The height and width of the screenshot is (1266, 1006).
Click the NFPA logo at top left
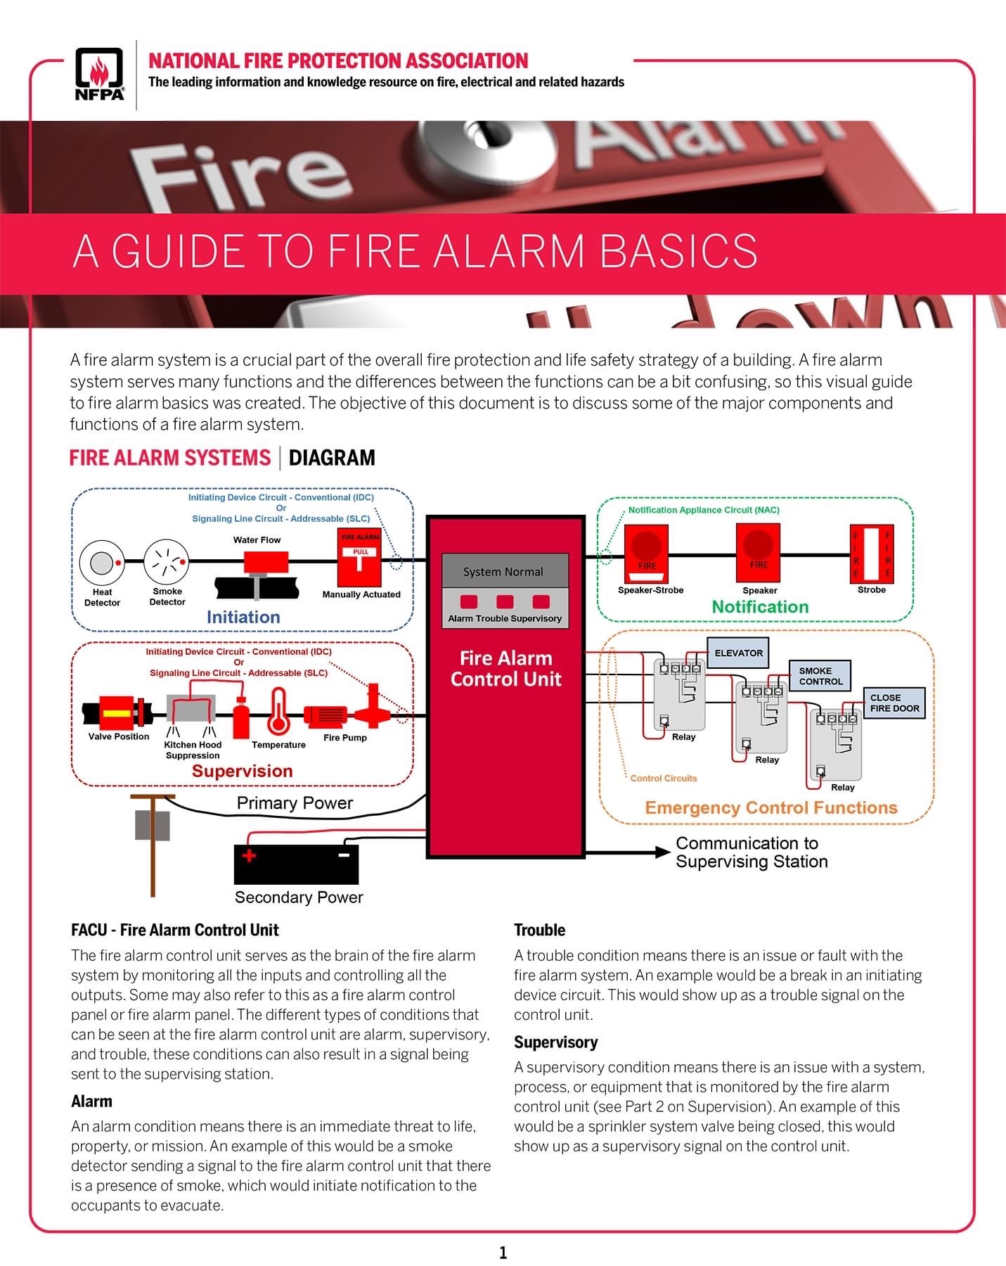(99, 74)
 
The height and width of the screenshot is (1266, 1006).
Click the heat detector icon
(102, 563)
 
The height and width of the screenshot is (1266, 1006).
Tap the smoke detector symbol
(167, 562)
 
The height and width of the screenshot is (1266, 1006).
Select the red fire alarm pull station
(360, 557)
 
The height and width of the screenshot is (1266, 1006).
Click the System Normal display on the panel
(504, 572)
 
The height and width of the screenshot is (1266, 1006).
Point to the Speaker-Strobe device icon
(646, 552)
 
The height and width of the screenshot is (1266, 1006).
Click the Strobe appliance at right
(871, 553)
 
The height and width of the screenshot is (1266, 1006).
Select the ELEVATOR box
(738, 653)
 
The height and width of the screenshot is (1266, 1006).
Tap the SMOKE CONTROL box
(820, 676)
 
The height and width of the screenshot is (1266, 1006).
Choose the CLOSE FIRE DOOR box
(894, 703)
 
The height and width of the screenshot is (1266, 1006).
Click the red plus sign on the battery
(249, 856)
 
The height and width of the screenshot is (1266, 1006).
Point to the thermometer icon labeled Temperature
(278, 711)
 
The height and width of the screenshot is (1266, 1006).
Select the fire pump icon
(325, 715)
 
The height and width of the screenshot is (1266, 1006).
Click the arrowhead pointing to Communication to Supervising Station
(662, 852)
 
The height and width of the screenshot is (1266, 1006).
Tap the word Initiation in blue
(243, 617)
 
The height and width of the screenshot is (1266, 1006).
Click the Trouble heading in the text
(539, 930)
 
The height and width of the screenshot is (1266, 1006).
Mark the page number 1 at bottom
(503, 1253)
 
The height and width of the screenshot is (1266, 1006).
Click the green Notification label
(760, 607)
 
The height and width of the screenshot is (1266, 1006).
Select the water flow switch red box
(266, 562)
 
